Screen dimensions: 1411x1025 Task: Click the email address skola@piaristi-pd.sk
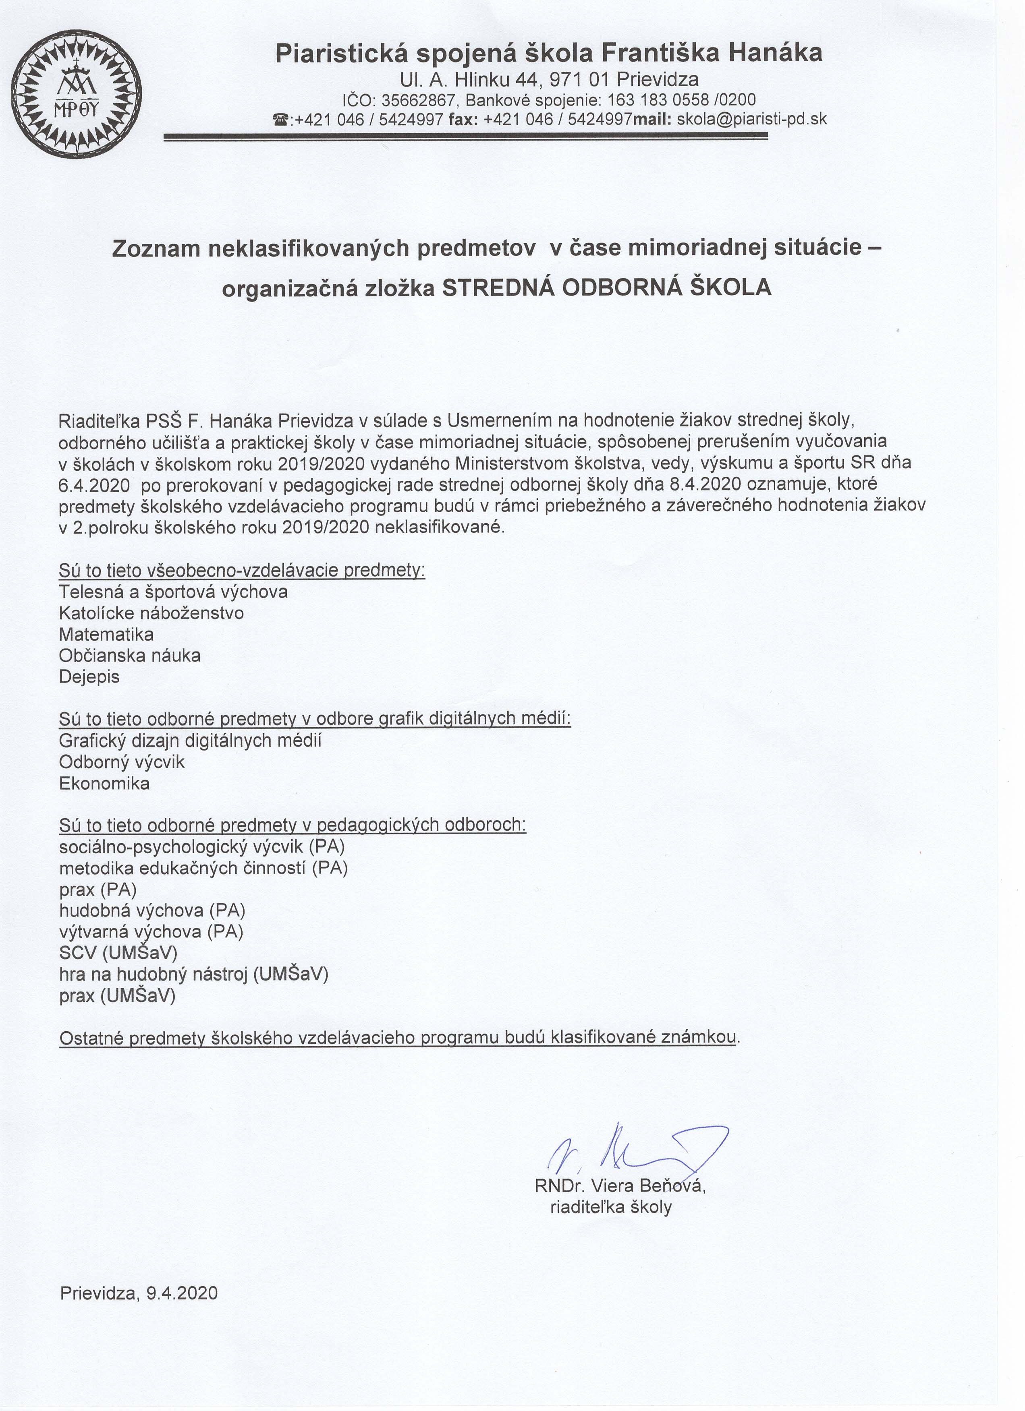[752, 120]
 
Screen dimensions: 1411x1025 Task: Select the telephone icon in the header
[281, 120]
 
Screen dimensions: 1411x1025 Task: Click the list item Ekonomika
[104, 783]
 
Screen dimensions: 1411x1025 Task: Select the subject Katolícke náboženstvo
[151, 613]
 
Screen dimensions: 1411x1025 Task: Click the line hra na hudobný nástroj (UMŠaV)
[193, 974]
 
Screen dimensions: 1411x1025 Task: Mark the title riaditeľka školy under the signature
[610, 1208]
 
